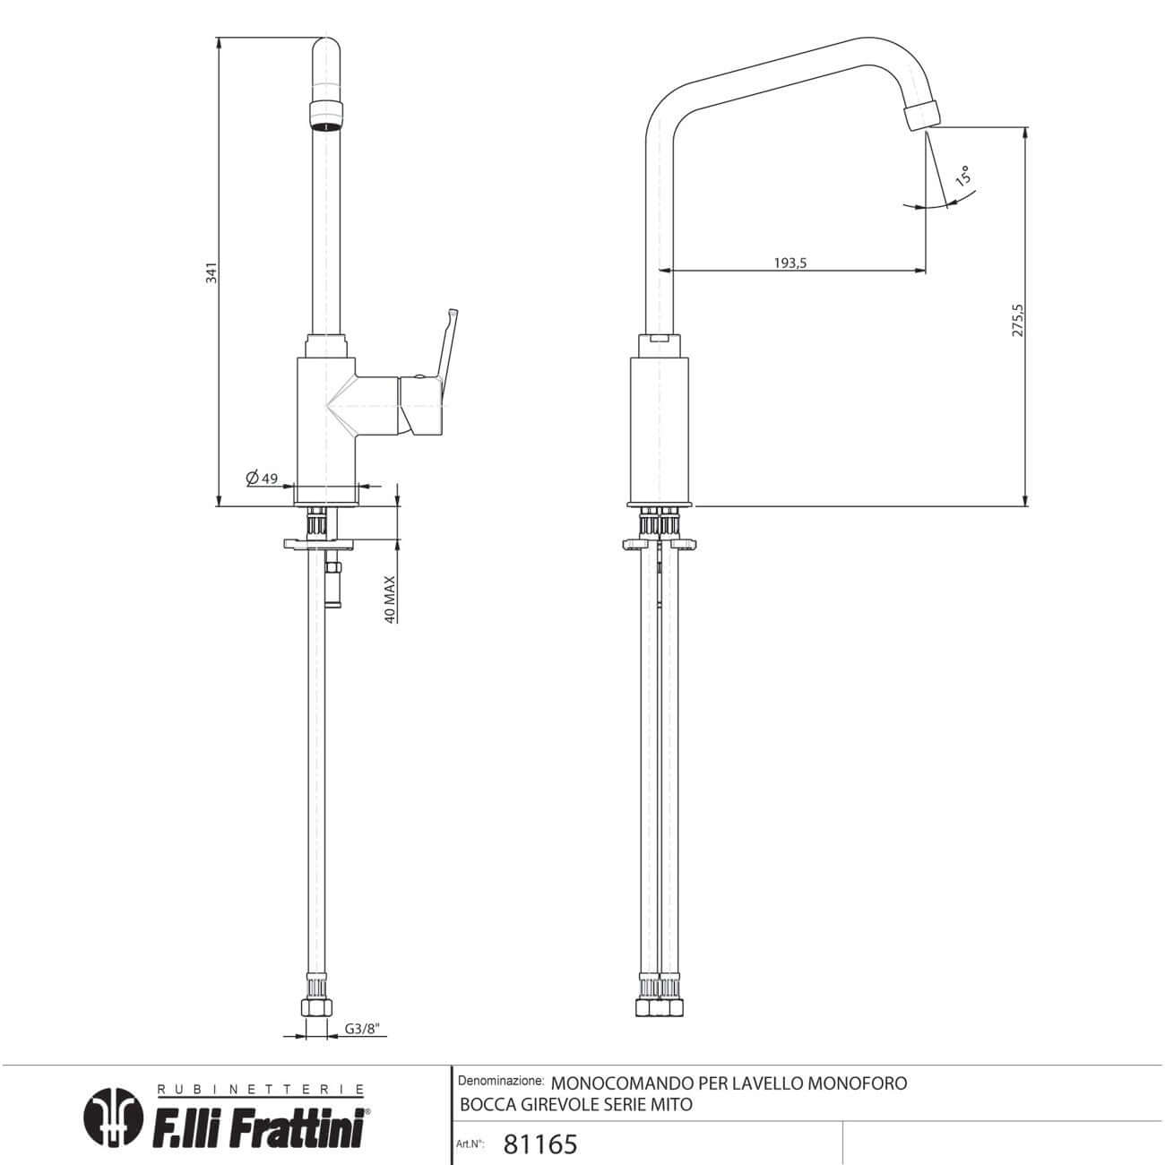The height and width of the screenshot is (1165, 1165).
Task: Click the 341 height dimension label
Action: (211, 272)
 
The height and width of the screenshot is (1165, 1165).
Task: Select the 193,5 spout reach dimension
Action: (790, 263)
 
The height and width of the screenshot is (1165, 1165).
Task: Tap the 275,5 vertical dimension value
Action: (1017, 320)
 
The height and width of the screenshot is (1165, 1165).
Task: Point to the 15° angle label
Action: (963, 175)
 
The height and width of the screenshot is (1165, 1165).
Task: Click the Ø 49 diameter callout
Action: (262, 478)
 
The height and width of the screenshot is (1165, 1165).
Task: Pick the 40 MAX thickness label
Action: (390, 600)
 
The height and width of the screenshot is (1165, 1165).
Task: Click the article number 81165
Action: (540, 1143)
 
